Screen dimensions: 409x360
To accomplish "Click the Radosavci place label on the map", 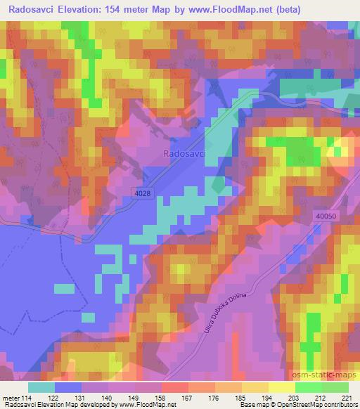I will pos(184,153).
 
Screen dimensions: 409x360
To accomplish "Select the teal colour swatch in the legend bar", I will pos(41,387).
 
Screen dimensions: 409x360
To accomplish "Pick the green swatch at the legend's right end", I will pos(335,387).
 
